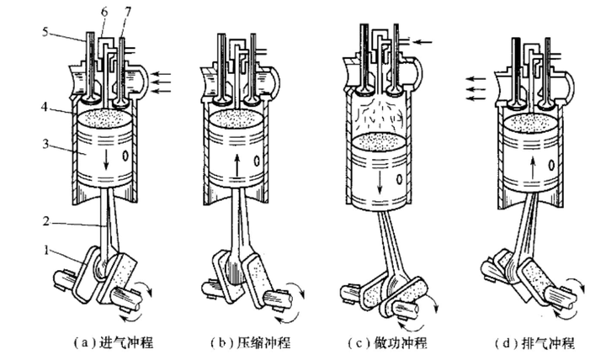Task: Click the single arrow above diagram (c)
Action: [x=421, y=40]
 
